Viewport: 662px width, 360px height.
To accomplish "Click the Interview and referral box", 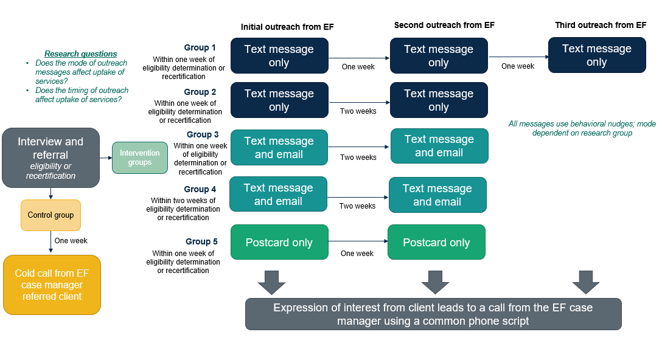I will (x=51, y=157).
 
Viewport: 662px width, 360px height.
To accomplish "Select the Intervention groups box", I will (x=140, y=157).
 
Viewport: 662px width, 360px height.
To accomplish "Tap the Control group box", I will (x=51, y=215).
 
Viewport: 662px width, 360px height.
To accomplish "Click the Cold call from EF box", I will (x=52, y=285).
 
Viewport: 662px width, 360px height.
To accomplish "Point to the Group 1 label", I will (x=200, y=47).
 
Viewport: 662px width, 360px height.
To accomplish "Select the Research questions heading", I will (x=80, y=54).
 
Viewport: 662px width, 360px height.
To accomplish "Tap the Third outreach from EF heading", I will (x=601, y=25).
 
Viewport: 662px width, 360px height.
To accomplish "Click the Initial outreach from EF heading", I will (x=287, y=27).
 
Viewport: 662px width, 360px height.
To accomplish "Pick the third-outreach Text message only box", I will (x=597, y=55).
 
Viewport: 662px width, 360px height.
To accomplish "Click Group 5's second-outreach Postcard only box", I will (x=436, y=242).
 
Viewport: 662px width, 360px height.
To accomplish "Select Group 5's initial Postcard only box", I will (x=279, y=242).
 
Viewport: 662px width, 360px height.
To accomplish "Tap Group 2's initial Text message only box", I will (x=279, y=100).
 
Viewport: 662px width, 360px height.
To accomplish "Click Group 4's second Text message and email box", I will (x=437, y=195).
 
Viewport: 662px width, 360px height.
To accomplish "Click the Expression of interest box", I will (x=433, y=314).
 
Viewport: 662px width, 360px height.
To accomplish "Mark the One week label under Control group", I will (x=71, y=240).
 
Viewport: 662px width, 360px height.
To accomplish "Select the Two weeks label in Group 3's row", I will (x=358, y=157).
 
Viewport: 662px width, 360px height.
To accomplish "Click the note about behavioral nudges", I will (x=582, y=128).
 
